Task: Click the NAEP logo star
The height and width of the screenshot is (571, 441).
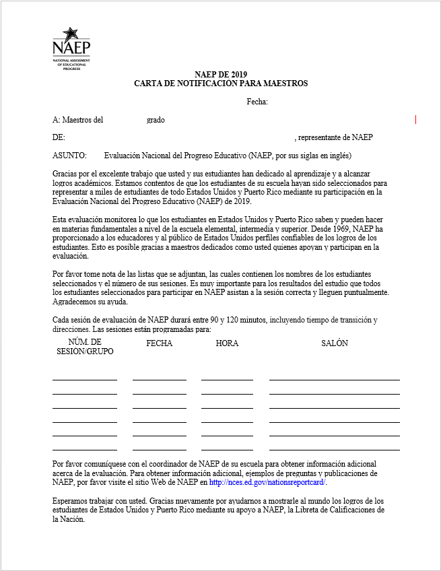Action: click(70, 33)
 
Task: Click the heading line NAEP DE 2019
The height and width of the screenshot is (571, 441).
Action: click(221, 75)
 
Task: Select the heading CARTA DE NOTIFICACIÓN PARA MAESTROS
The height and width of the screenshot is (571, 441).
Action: click(221, 83)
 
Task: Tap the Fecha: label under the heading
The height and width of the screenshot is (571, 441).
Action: click(257, 102)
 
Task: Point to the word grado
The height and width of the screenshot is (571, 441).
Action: click(156, 120)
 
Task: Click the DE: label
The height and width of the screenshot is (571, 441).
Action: click(59, 137)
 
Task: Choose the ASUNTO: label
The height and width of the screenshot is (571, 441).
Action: click(69, 156)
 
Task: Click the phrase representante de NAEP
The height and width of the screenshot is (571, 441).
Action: click(335, 137)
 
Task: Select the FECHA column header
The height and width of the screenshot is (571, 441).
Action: click(159, 343)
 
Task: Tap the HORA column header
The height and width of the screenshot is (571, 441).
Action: click(227, 343)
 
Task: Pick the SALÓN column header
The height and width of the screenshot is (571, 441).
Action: click(335, 343)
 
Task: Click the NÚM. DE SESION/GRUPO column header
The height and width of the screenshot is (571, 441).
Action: click(85, 347)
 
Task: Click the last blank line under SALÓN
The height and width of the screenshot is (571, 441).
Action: click(335, 449)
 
